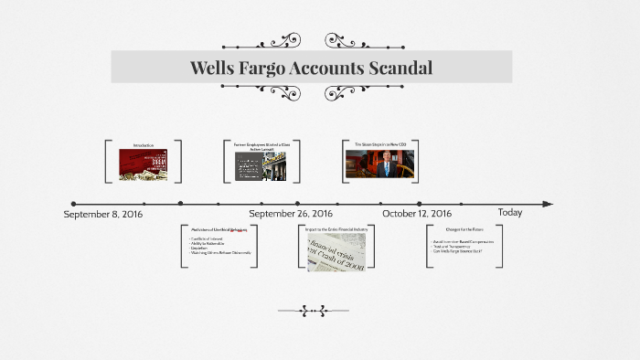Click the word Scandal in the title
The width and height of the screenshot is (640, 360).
click(x=397, y=68)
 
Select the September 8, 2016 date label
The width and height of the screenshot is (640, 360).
click(x=103, y=214)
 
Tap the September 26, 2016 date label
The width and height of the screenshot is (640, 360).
click(x=291, y=214)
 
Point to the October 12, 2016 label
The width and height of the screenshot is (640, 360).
click(x=417, y=214)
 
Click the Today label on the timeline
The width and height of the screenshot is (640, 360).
click(x=510, y=213)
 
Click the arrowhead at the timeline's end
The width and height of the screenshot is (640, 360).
click(x=547, y=204)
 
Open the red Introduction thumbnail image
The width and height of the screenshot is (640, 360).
click(x=143, y=164)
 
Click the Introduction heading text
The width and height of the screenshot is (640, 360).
click(x=143, y=145)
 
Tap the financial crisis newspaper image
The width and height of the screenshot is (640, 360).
click(x=336, y=251)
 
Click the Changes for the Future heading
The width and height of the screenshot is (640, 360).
click(x=464, y=228)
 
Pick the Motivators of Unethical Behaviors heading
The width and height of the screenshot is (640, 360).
click(x=220, y=229)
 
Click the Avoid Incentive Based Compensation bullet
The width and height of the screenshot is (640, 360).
click(x=464, y=241)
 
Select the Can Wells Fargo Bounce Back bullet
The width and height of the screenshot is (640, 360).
click(x=457, y=250)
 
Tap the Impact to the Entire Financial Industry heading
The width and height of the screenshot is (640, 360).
click(x=336, y=228)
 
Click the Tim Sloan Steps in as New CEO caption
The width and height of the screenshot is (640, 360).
click(x=379, y=144)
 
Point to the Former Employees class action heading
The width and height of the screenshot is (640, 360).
click(x=261, y=146)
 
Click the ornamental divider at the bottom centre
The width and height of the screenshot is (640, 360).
click(x=313, y=312)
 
